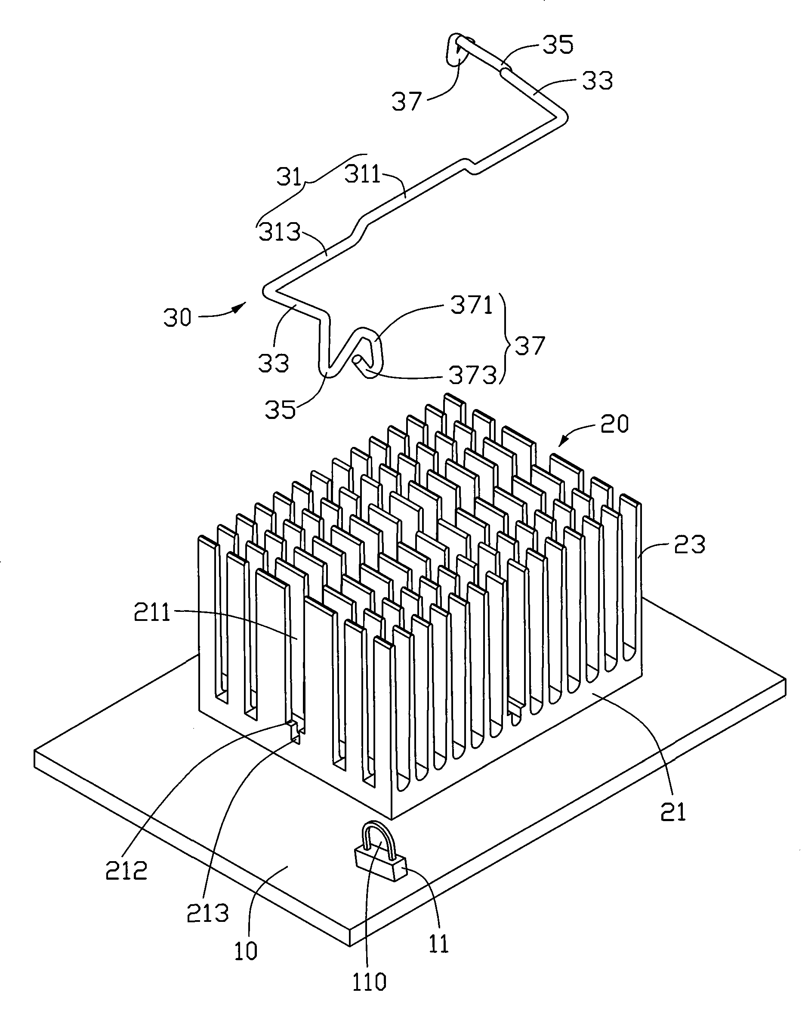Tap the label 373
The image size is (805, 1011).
click(472, 375)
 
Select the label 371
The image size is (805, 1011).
click(472, 305)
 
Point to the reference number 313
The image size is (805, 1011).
click(280, 232)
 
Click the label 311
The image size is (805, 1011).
click(362, 174)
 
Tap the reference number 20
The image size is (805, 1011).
click(614, 424)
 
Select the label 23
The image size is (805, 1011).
click(689, 544)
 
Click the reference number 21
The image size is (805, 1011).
click(673, 812)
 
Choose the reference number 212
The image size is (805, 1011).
click(126, 870)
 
